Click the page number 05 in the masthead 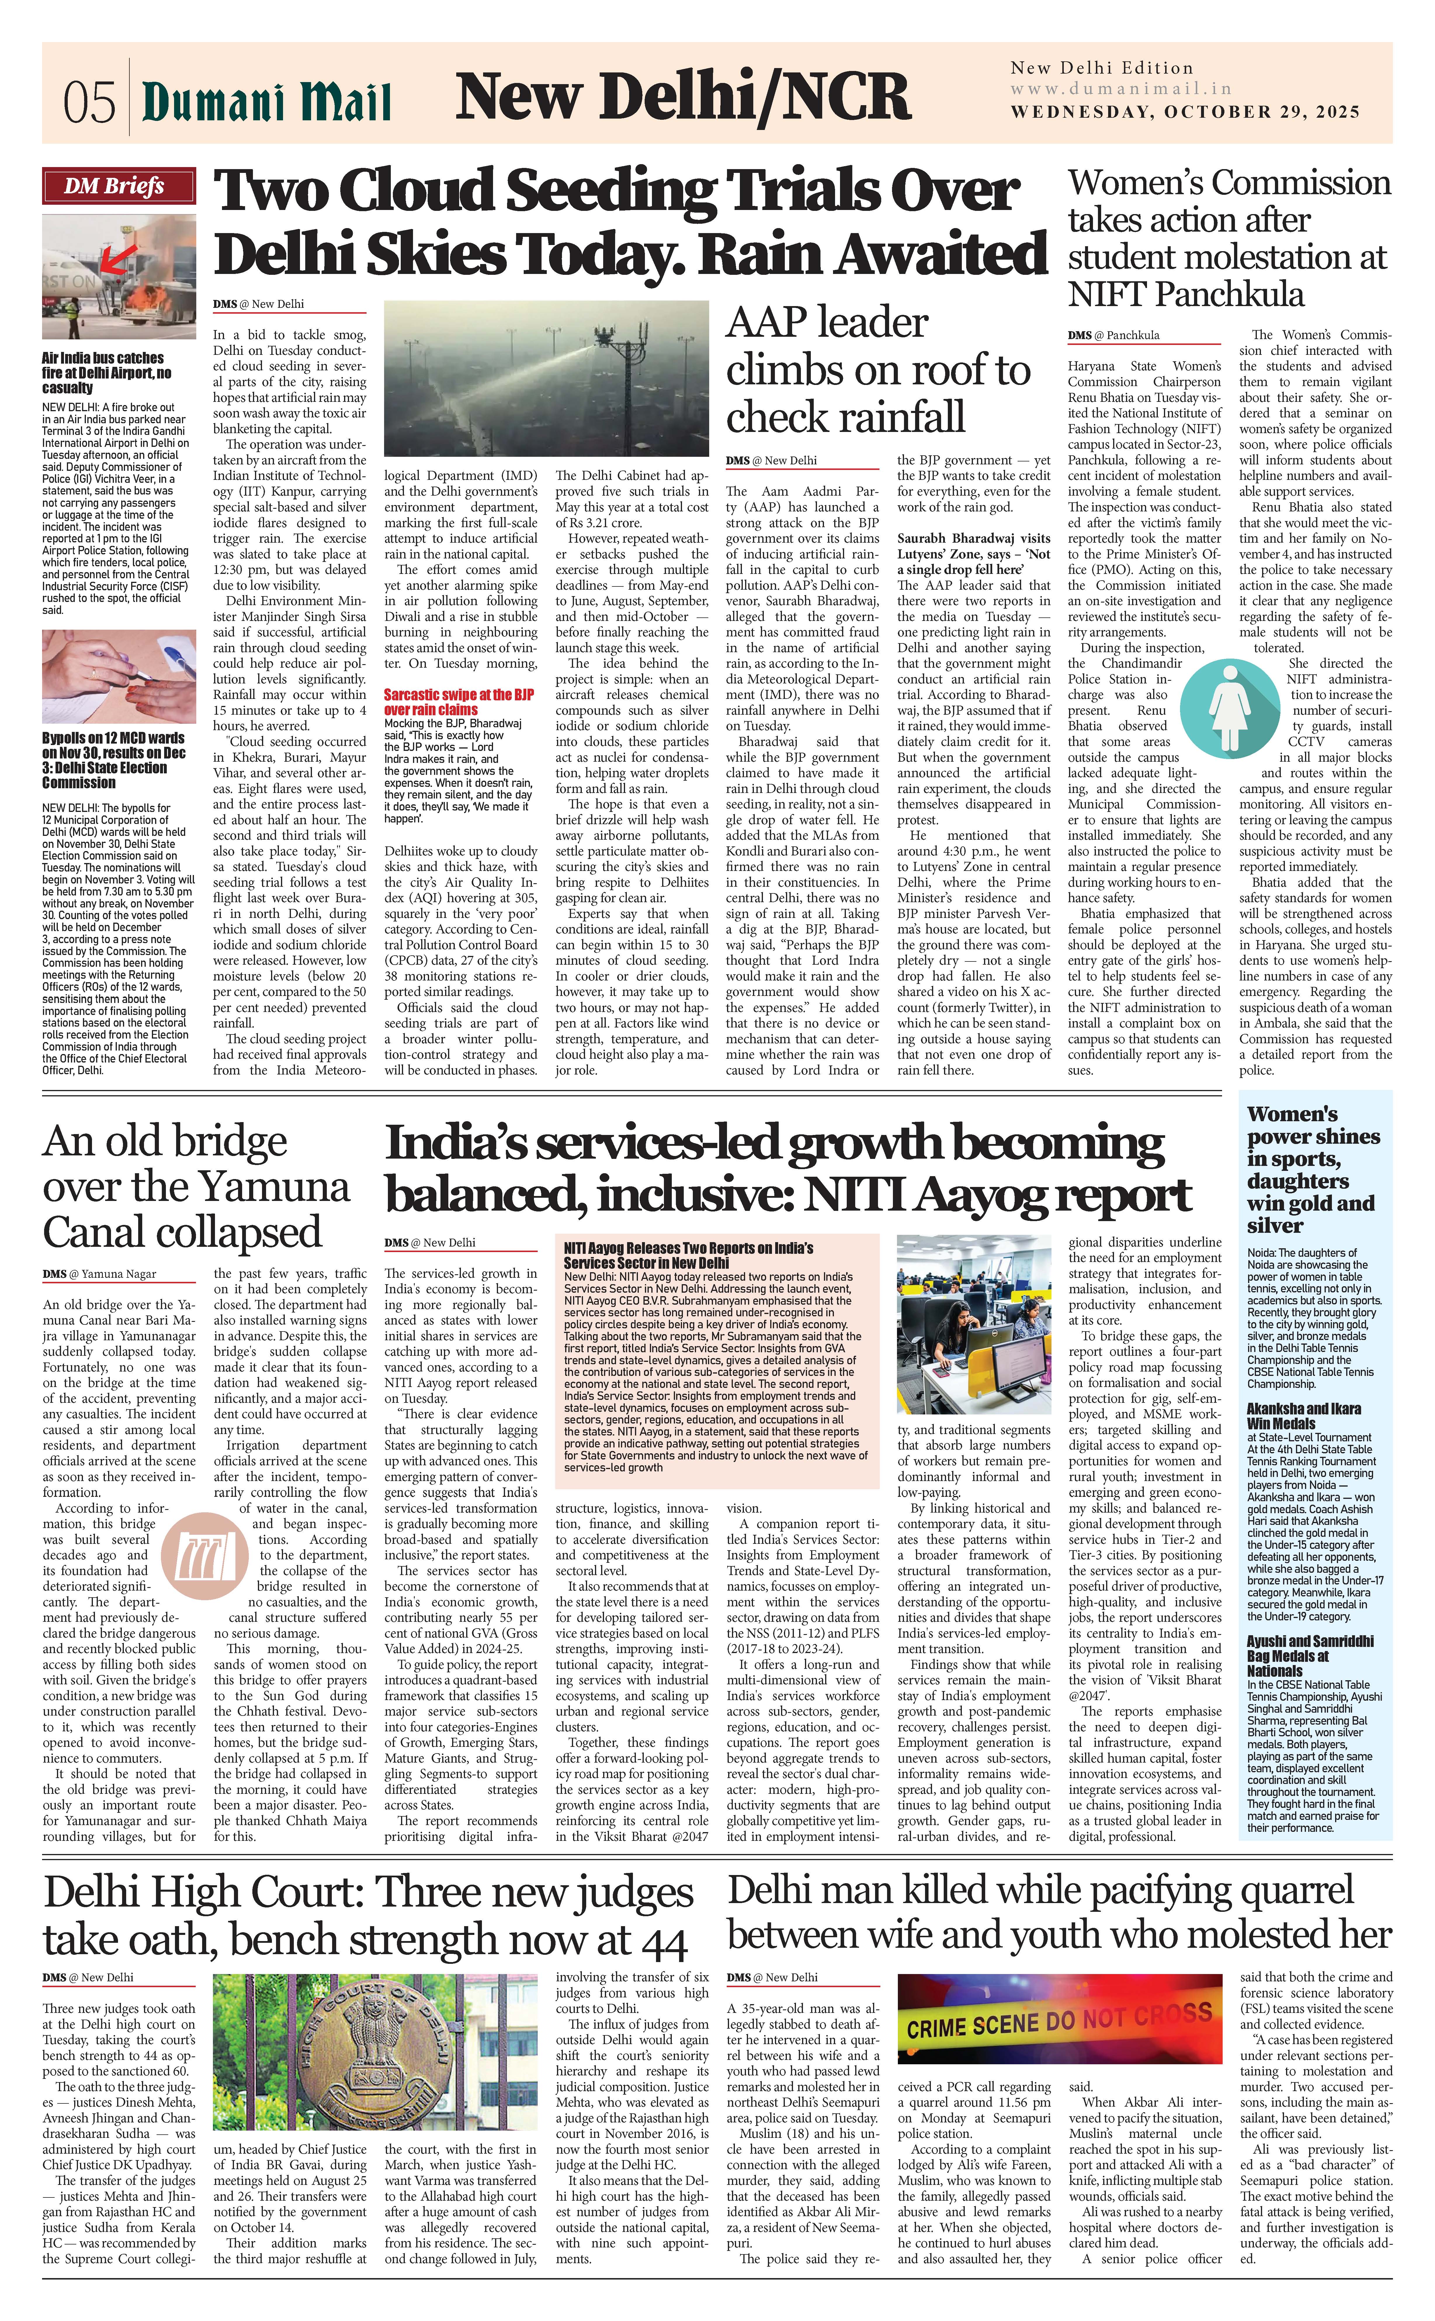[x=89, y=100]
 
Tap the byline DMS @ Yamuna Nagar [x=100, y=1273]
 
